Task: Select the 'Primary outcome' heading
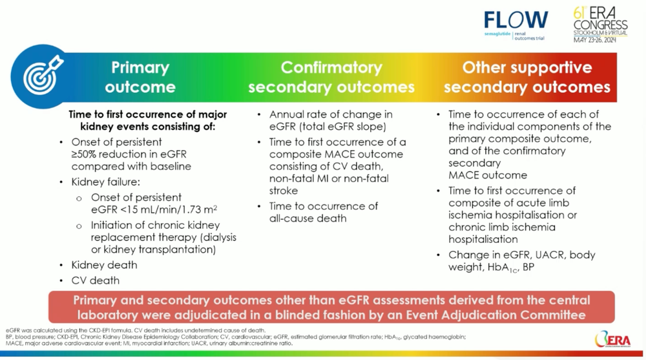(140, 77)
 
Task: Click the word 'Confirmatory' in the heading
(331, 68)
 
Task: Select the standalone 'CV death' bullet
(95, 281)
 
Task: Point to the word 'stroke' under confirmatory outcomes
(284, 191)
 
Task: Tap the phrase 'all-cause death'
(307, 218)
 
